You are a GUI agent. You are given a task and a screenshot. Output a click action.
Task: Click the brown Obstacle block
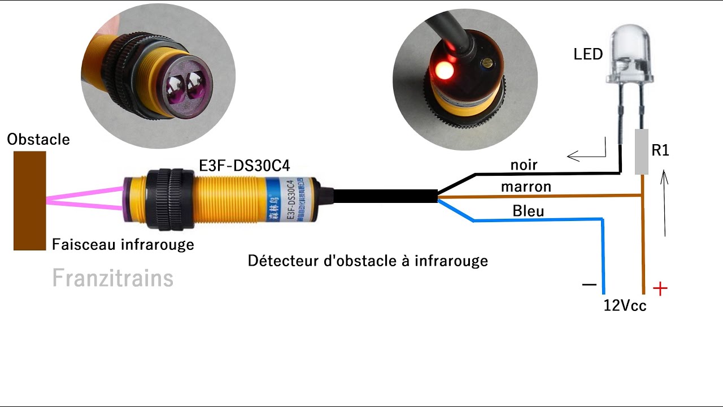[29, 201]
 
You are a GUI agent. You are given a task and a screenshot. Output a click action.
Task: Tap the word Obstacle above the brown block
[38, 139]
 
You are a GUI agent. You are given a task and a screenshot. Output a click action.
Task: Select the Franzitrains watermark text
[112, 278]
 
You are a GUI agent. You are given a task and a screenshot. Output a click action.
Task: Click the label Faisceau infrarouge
[123, 244]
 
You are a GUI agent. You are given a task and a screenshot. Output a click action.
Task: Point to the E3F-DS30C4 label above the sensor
[245, 166]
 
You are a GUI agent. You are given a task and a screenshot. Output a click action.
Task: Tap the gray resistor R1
[641, 151]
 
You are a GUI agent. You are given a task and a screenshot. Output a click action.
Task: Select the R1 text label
[660, 151]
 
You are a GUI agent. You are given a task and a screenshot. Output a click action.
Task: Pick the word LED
[588, 54]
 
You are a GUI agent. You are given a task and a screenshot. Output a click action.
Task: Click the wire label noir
[524, 165]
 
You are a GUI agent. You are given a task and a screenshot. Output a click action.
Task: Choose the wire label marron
[526, 187]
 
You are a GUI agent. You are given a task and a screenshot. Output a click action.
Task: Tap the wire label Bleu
[528, 211]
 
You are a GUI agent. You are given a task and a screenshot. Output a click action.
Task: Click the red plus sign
[660, 289]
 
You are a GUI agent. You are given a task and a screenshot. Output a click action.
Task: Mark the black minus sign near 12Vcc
[589, 285]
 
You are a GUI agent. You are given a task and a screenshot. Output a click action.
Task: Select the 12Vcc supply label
[625, 306]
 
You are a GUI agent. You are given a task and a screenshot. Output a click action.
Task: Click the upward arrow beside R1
[665, 203]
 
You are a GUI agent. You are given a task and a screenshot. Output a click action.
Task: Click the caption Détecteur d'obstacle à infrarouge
[368, 261]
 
